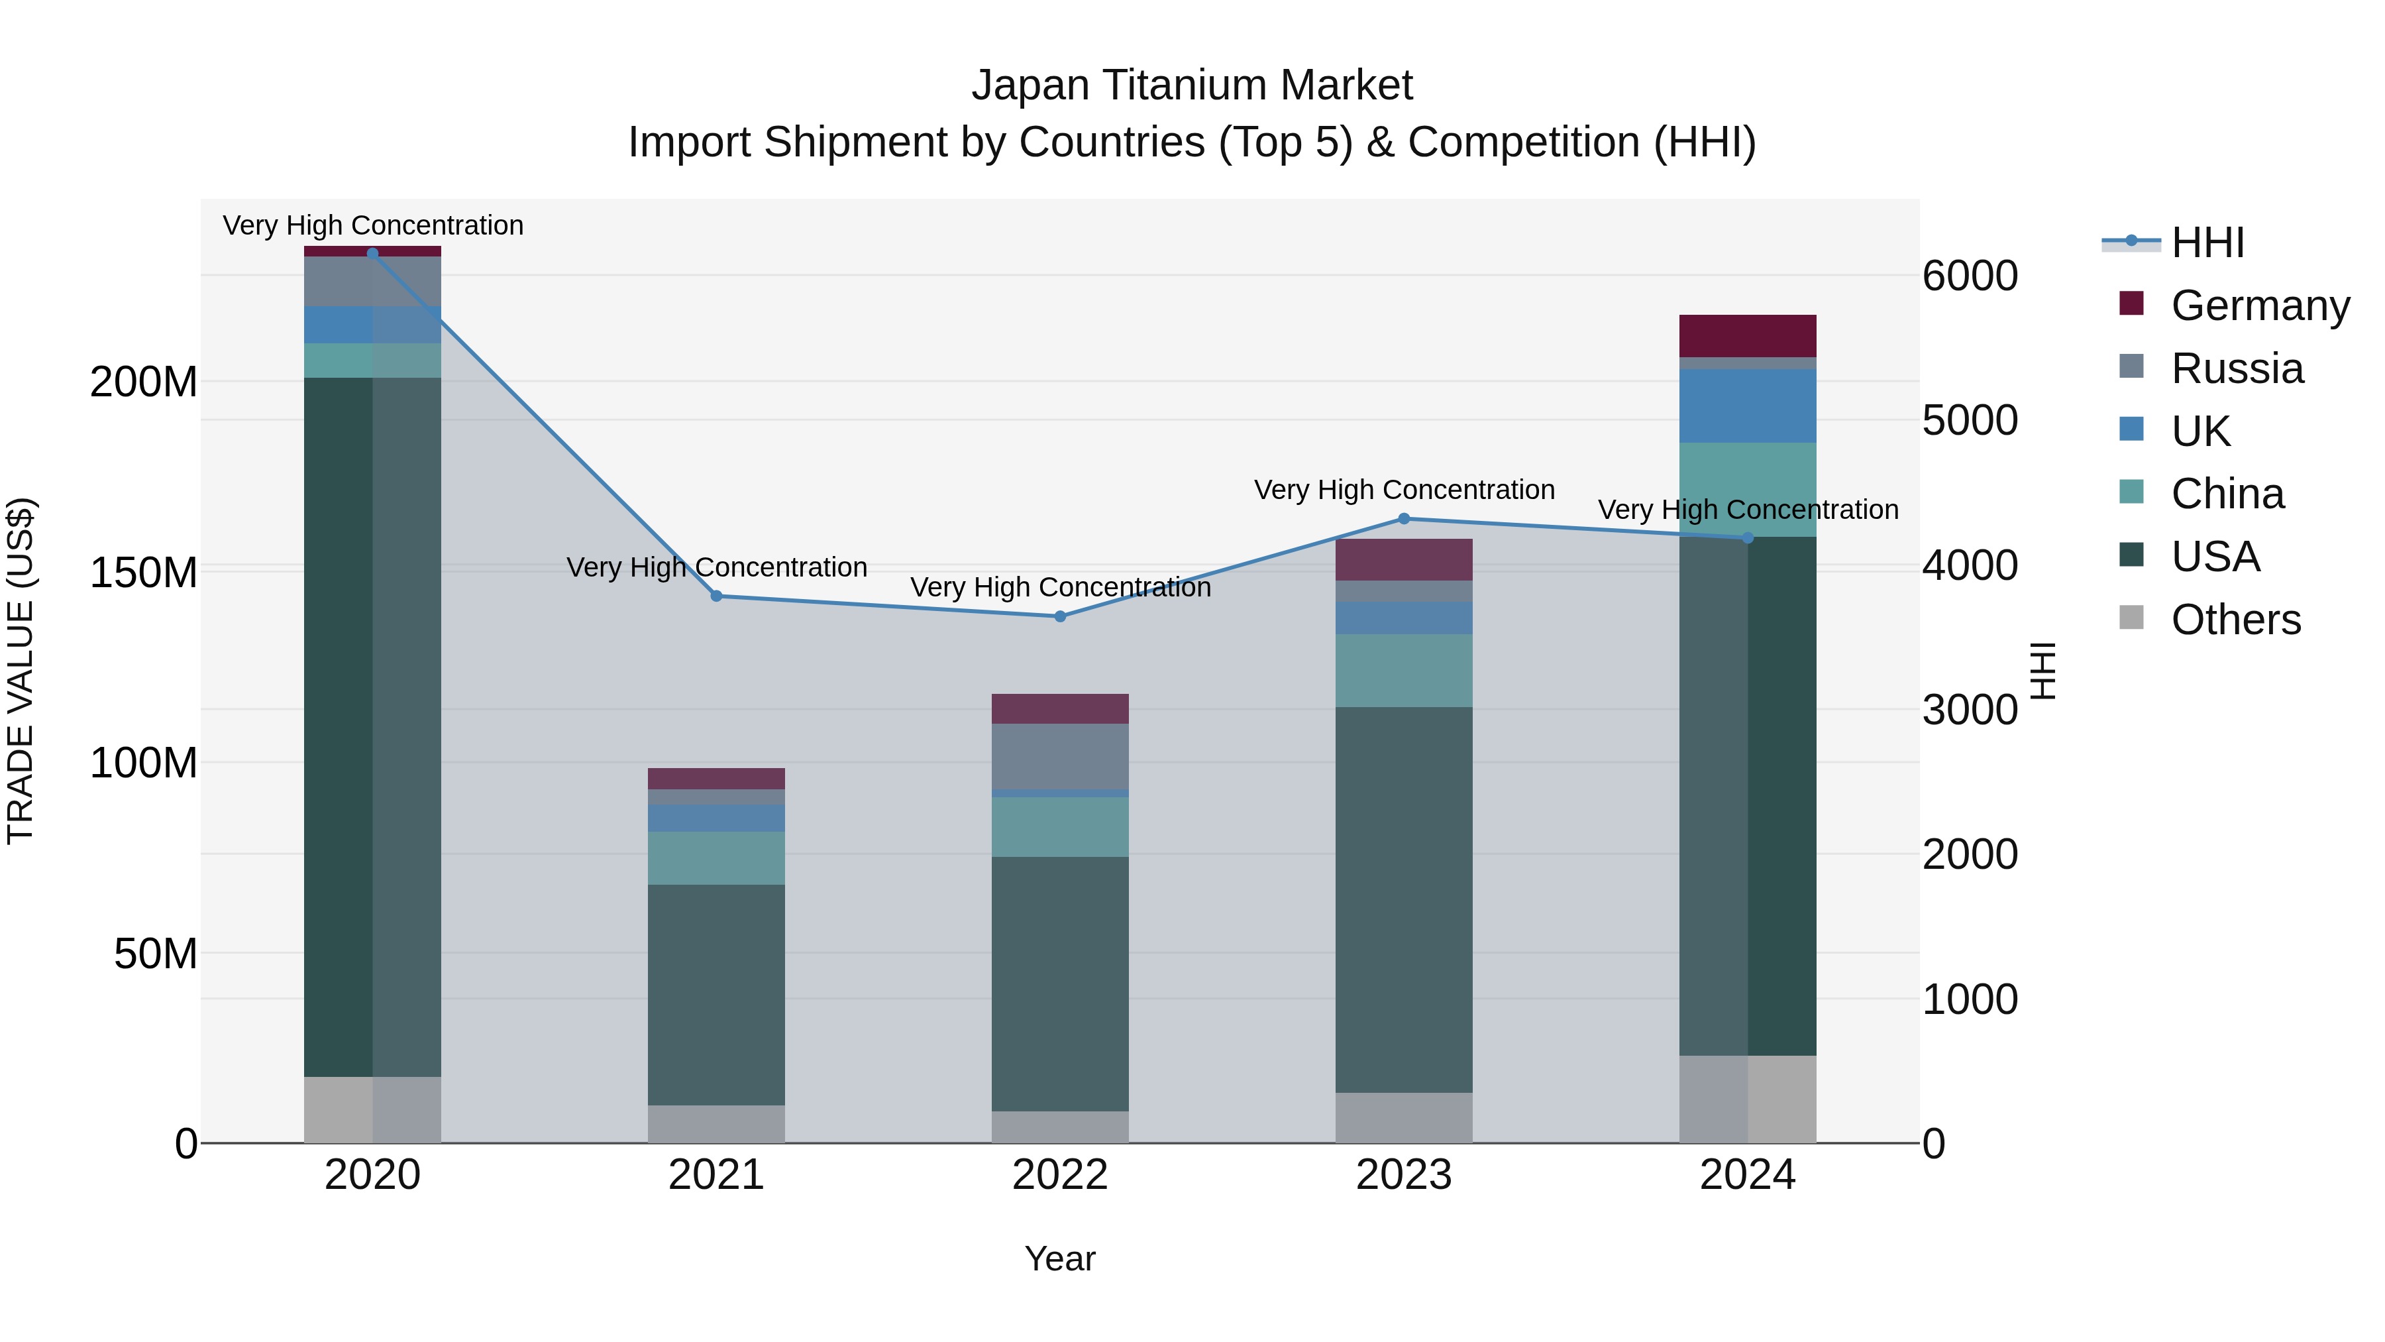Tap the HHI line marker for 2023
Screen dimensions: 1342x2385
1404,519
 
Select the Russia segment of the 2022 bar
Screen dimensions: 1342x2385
1060,755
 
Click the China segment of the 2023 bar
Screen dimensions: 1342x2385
1404,671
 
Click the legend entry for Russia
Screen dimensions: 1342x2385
2236,368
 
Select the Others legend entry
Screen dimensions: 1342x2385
2235,620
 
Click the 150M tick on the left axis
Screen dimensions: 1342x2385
144,573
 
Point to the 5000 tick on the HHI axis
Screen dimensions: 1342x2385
1970,420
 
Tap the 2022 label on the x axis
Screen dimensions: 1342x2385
1060,1175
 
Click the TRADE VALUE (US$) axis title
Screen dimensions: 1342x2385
21,671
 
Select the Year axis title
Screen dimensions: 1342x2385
1060,1258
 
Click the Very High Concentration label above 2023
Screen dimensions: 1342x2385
1404,490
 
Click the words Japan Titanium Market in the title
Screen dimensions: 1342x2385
1192,85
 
